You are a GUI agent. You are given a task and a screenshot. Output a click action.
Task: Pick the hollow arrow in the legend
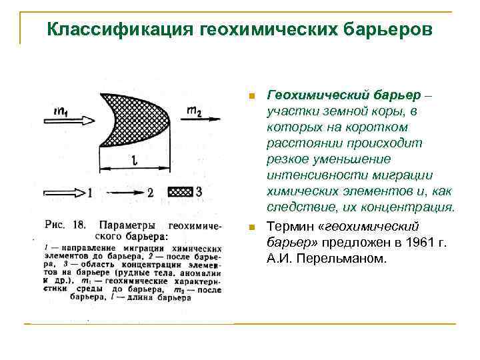pos(63,192)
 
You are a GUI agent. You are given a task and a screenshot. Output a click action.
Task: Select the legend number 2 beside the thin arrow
pos(150,192)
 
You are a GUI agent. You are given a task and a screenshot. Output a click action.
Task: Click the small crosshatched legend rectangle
pos(180,191)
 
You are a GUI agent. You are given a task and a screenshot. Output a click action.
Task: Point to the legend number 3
pos(199,191)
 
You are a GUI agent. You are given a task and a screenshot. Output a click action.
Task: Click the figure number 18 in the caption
pos(79,224)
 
